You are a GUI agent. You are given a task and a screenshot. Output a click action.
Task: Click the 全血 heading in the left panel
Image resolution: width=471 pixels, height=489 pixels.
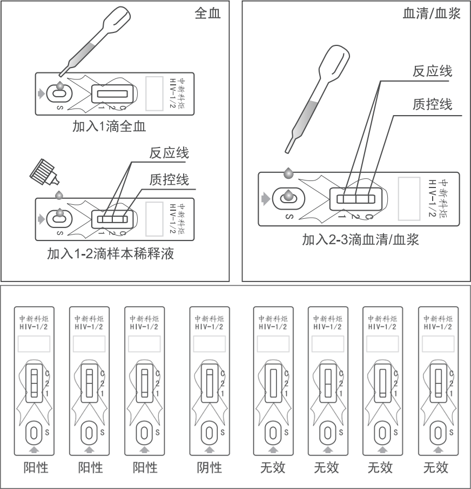(x=207, y=14)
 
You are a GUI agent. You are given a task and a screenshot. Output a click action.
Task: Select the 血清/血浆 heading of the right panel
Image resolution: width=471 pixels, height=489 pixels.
(x=432, y=14)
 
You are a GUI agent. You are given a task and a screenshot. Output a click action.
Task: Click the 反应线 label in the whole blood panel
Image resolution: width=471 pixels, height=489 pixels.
(x=169, y=153)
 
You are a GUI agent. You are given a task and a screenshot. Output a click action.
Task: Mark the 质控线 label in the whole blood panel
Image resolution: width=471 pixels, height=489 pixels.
(x=169, y=179)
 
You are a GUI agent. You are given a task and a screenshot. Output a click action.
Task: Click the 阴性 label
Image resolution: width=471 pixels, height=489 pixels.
(x=209, y=466)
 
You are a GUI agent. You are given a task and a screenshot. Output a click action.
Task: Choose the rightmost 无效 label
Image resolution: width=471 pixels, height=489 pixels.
(x=436, y=466)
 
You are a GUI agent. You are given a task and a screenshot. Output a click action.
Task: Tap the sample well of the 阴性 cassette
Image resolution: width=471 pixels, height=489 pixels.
(x=208, y=433)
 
